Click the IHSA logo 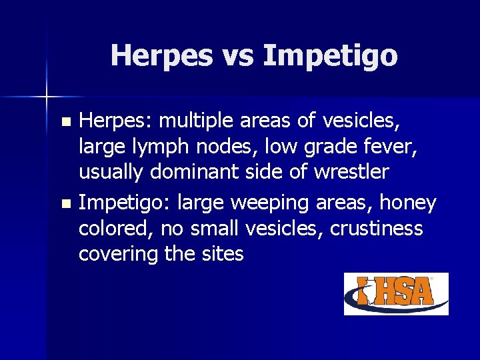[x=396, y=293]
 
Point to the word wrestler [x=346, y=172]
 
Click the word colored [x=118, y=229]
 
